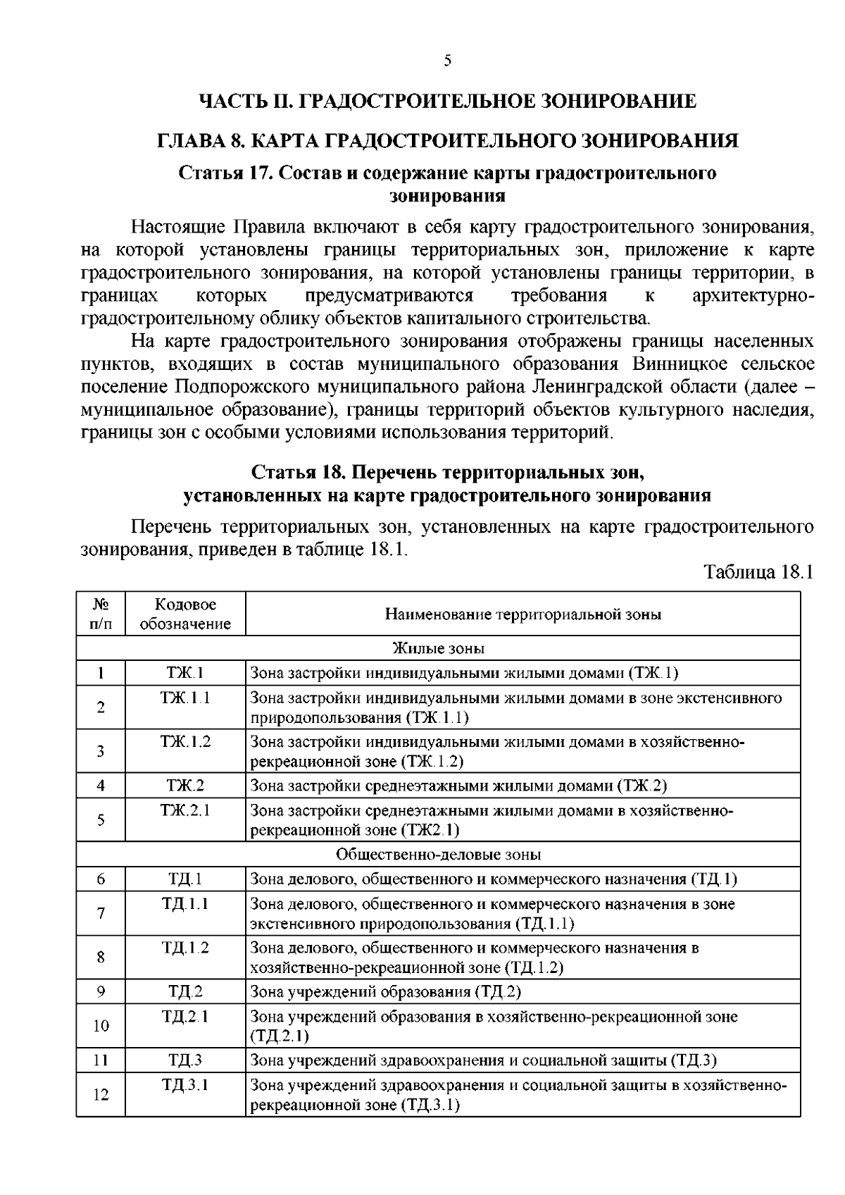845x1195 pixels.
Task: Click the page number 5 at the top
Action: pos(447,61)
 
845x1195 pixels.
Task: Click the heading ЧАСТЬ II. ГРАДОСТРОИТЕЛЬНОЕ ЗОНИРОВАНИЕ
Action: pos(447,101)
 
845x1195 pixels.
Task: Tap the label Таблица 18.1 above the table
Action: pos(759,571)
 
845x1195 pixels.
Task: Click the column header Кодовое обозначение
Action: pos(185,614)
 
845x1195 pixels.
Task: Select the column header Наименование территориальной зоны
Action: pos(522,614)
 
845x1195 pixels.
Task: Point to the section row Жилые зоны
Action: pos(438,648)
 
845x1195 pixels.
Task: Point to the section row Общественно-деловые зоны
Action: pos(438,855)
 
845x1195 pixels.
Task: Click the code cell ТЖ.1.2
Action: pos(185,742)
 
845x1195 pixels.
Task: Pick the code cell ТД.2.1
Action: pos(185,1017)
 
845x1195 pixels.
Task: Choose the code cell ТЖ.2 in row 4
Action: pos(185,786)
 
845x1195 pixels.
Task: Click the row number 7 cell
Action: pos(101,913)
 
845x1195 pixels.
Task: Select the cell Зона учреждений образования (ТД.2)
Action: pos(386,992)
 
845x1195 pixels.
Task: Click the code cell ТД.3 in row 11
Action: pos(185,1060)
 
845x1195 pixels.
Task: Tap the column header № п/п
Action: pos(101,614)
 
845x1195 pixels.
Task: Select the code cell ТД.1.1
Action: pos(185,904)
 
